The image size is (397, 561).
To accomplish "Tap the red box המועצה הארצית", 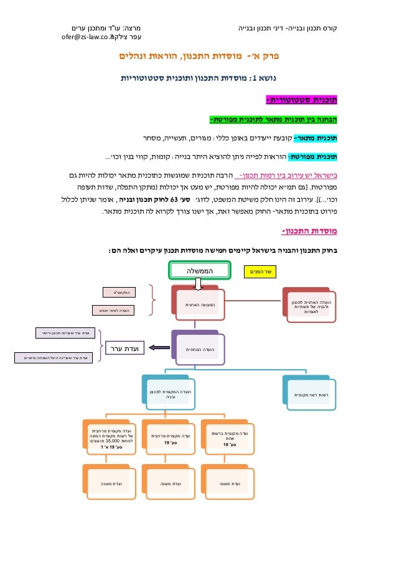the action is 194,304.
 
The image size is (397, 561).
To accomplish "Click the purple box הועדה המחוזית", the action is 194,349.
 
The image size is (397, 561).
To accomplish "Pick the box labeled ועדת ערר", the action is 124,349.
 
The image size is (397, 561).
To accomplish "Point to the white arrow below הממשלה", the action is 198,284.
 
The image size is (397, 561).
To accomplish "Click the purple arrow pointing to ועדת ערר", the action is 157,349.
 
